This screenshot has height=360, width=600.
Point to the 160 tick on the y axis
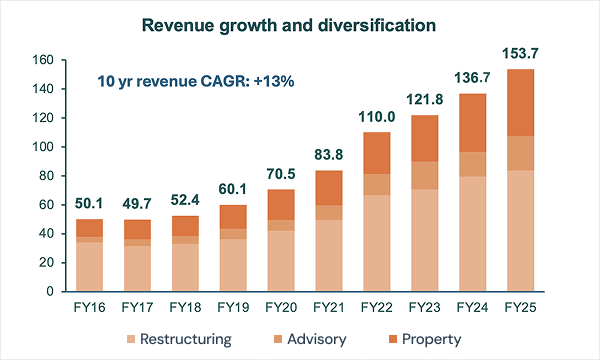pyautogui.click(x=43, y=60)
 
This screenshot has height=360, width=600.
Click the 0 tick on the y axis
pyautogui.click(x=51, y=292)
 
